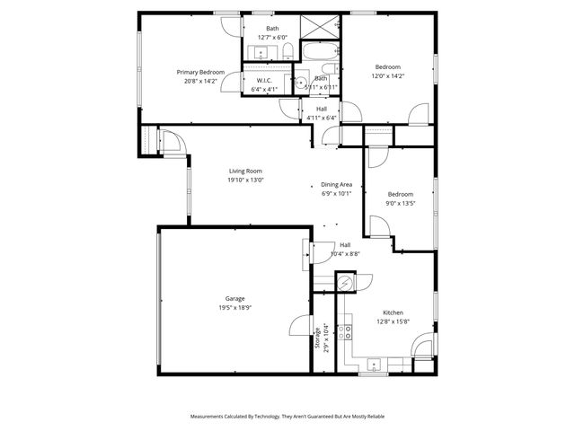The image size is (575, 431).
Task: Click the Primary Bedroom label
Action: (x=199, y=72)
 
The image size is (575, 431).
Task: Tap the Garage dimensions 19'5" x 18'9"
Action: (x=234, y=308)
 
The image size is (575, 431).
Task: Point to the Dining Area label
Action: (x=336, y=184)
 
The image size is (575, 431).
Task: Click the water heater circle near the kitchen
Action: (x=343, y=282)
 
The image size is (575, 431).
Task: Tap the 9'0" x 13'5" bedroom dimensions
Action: (x=401, y=203)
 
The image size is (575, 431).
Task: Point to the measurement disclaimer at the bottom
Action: (x=287, y=417)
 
